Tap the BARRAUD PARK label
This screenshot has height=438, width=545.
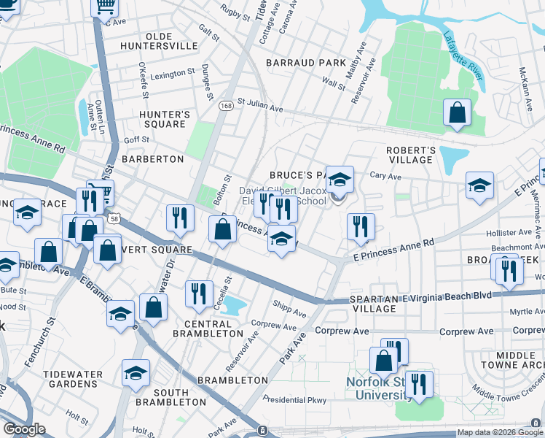(x=306, y=63)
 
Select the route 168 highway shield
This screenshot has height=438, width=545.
(x=227, y=106)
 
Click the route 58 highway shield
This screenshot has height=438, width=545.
(x=114, y=218)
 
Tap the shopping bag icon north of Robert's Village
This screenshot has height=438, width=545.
(x=457, y=113)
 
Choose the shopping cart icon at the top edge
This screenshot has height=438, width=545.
(x=104, y=7)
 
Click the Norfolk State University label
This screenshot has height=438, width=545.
(x=377, y=388)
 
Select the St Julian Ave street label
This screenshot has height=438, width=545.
(x=259, y=106)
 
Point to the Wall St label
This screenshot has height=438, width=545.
(x=334, y=85)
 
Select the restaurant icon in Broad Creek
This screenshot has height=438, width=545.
(x=509, y=269)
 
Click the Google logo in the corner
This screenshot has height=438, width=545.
(x=24, y=429)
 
